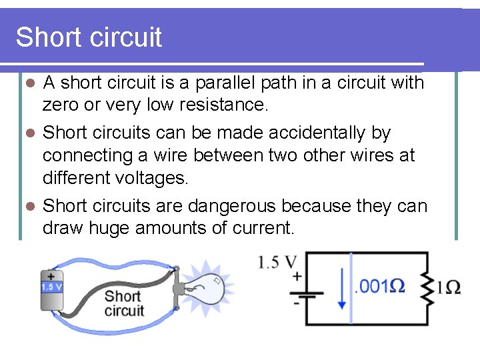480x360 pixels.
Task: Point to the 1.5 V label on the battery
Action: (51, 287)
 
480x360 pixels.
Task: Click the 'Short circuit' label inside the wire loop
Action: (123, 303)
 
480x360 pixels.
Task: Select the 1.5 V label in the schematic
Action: (278, 262)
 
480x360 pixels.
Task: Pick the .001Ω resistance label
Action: (379, 287)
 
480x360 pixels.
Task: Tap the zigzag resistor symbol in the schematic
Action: (425, 288)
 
